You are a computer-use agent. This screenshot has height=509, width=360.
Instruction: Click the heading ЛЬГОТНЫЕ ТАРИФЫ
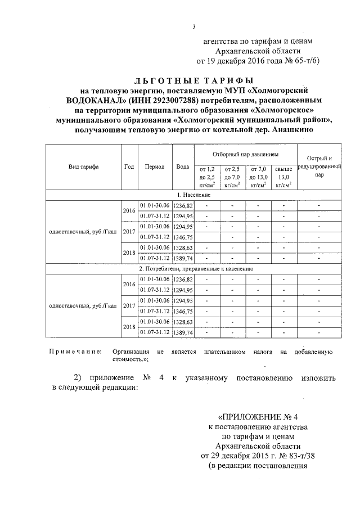click(x=194, y=80)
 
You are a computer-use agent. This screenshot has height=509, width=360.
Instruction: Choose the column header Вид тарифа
click(x=83, y=167)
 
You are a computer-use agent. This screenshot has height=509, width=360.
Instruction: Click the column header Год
click(x=129, y=167)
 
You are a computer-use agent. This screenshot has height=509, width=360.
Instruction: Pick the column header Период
click(x=154, y=167)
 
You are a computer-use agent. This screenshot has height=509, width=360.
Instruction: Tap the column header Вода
click(x=182, y=167)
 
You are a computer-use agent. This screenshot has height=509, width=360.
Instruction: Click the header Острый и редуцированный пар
click(x=319, y=166)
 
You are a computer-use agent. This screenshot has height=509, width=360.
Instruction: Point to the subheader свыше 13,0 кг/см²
click(x=285, y=176)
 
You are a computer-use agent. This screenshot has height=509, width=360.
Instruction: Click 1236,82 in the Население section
click(x=183, y=205)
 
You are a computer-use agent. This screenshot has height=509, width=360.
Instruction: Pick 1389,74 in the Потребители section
click(x=183, y=332)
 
